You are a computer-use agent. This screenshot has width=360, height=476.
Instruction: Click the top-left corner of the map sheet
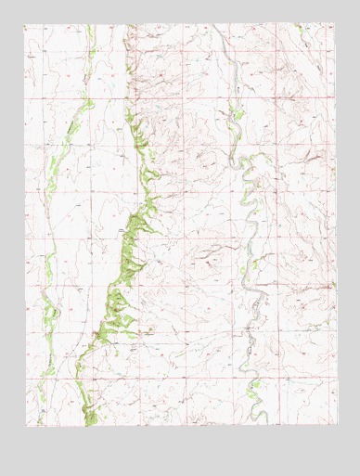pos(25,24)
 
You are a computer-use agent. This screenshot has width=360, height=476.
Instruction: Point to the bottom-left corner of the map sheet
pos(25,427)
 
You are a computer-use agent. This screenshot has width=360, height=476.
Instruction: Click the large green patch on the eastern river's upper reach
pos(238,115)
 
